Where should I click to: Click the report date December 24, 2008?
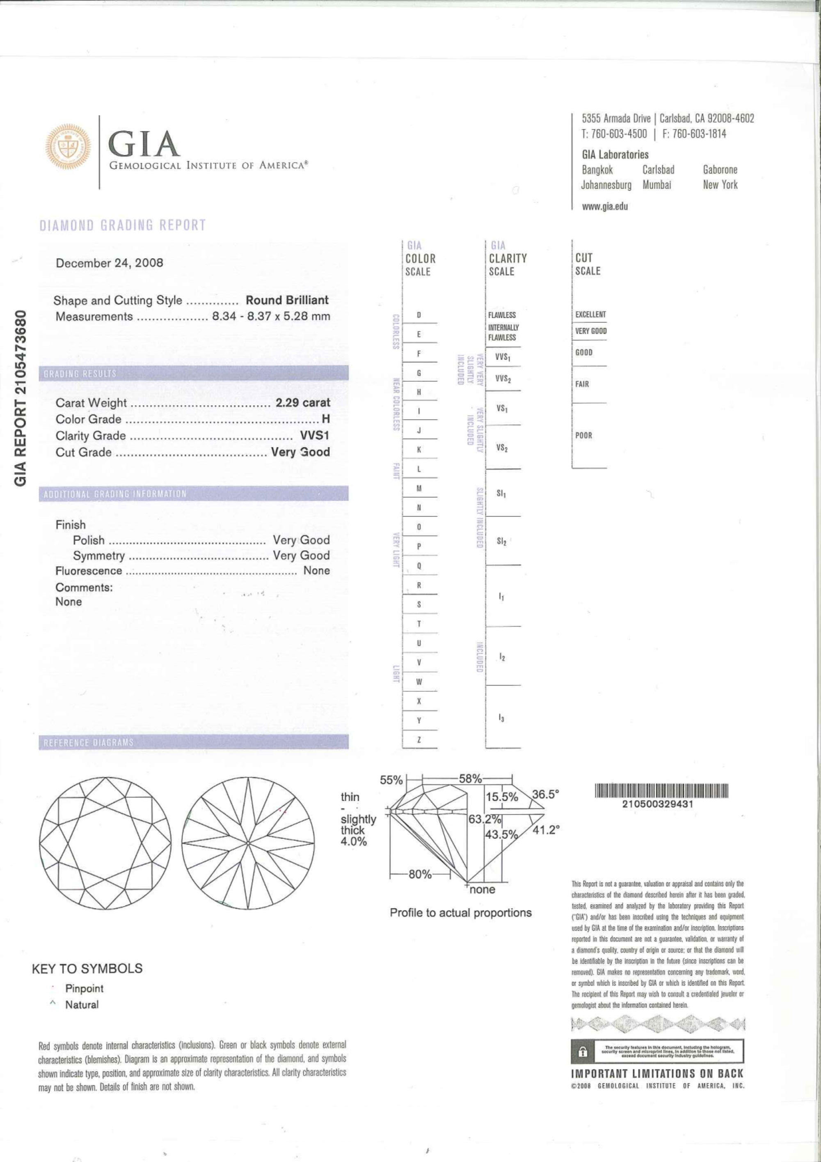(x=109, y=263)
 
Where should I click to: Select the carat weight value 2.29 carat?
(x=302, y=402)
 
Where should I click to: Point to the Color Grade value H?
(x=325, y=419)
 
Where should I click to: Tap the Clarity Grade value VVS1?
(x=315, y=436)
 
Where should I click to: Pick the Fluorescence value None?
(x=316, y=570)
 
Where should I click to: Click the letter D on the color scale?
(x=419, y=315)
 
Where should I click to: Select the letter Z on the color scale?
(x=419, y=740)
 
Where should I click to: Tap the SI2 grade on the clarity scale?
(x=501, y=541)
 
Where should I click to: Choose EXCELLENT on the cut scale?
(x=590, y=314)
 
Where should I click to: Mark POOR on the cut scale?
(x=583, y=435)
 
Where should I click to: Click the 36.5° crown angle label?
(x=545, y=794)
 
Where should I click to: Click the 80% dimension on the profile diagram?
(x=420, y=874)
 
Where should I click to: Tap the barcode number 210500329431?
(x=658, y=804)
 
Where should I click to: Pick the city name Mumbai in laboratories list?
(x=656, y=185)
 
